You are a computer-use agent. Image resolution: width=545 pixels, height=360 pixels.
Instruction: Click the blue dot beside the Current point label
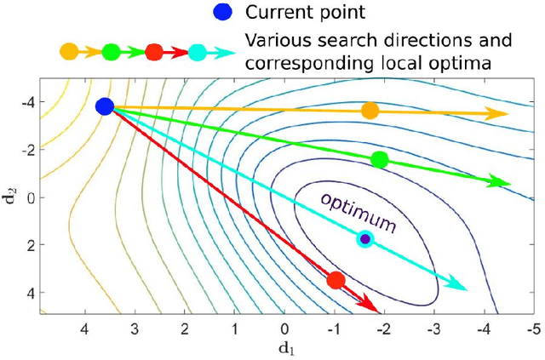223,14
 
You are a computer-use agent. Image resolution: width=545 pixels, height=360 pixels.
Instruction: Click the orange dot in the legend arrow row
70,52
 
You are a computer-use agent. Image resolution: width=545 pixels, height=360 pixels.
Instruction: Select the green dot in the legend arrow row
111,52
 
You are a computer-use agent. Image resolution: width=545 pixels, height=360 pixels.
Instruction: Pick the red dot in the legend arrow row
154,52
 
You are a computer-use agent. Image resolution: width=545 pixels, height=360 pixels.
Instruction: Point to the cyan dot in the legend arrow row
198,52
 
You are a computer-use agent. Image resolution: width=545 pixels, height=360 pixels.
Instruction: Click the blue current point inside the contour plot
105,106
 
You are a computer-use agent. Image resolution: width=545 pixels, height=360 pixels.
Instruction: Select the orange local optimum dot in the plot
370,111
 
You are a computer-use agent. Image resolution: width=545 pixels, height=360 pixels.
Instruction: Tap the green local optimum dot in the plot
380,159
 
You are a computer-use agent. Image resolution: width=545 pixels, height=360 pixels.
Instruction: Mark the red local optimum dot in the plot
336,280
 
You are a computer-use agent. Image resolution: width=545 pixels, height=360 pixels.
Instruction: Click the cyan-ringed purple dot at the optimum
365,239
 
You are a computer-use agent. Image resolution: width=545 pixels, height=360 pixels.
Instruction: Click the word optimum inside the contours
359,212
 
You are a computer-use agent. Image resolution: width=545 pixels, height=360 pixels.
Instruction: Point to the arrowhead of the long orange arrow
502,114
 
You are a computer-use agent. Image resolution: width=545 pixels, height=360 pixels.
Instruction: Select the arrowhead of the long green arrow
502,182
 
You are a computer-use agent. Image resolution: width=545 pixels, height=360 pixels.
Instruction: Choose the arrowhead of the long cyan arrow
460,286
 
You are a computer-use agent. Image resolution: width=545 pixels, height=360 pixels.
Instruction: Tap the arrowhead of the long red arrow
371,304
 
